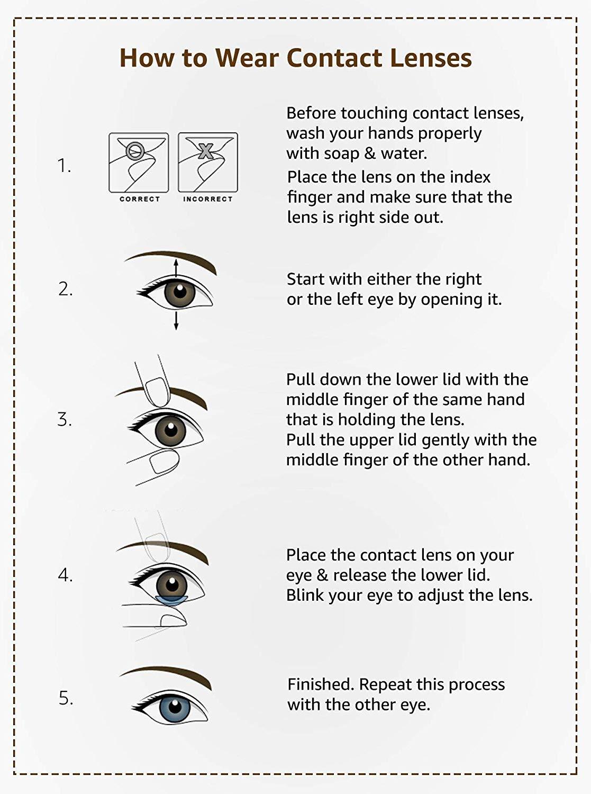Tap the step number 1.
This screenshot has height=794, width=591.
pos(64,166)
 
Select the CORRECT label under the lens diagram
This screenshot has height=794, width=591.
pos(139,199)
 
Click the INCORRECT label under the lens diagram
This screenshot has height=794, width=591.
pos(208,199)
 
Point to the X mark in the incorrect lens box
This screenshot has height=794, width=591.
pos(205,152)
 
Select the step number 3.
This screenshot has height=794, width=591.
pos(65,420)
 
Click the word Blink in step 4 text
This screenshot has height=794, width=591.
pos(305,595)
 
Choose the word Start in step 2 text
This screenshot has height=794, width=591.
pos(306,279)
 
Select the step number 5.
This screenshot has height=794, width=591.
pos(66,698)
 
